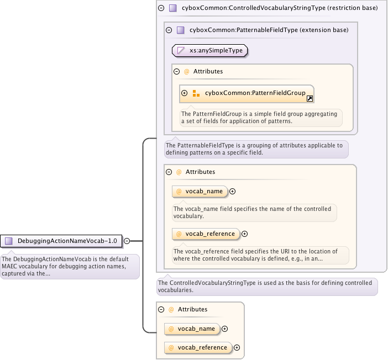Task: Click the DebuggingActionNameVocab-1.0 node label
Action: [x=67, y=241]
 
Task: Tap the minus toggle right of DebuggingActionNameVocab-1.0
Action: [x=127, y=241]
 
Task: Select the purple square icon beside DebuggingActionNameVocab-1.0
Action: [x=9, y=241]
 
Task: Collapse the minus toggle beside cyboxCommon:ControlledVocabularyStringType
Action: [x=161, y=8]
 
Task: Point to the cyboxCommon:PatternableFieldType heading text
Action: [x=269, y=30]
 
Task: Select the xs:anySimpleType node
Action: [x=210, y=50]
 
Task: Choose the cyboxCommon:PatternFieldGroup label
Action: [x=255, y=93]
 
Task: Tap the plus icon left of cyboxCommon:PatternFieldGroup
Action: [x=185, y=93]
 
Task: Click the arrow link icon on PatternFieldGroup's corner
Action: [x=310, y=99]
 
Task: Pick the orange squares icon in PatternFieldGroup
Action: [x=196, y=93]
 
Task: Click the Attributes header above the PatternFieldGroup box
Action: [x=208, y=71]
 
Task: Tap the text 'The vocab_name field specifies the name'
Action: [x=254, y=213]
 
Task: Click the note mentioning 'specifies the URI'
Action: [x=260, y=255]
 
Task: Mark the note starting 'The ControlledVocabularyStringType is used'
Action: [x=267, y=286]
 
